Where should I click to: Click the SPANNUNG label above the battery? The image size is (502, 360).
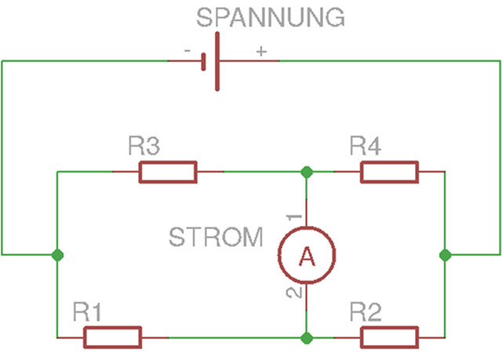coord(270,16)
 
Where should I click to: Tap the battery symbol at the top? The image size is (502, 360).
coord(211,60)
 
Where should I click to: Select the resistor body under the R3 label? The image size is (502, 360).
coord(167,171)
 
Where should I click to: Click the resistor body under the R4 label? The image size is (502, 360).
coord(389,171)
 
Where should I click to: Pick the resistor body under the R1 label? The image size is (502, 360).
coord(112,338)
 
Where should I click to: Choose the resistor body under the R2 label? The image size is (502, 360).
coord(389,338)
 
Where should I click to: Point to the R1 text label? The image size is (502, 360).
coord(89,313)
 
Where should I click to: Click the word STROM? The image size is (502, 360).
coord(216,237)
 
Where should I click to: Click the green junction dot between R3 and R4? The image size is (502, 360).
coord(306,171)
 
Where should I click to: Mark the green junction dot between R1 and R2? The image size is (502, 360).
coord(306,338)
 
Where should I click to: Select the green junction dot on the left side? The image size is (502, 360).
coord(56,255)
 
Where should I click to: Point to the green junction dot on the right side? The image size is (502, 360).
coord(446,255)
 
